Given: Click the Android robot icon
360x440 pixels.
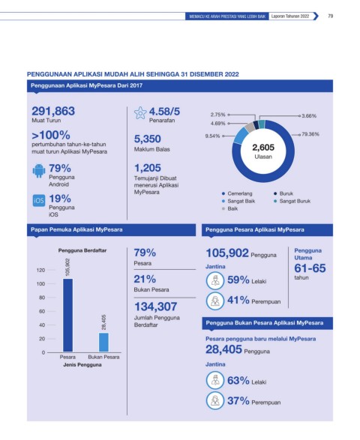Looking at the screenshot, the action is coord(39,171).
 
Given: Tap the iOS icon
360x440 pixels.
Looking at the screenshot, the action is coord(39,200).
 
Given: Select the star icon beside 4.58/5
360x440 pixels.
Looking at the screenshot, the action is coord(140,112).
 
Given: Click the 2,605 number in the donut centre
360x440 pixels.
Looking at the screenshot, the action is coord(263,148).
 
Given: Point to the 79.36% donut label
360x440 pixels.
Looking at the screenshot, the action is coord(310,134).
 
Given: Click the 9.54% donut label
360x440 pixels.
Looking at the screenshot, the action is coord(212,136).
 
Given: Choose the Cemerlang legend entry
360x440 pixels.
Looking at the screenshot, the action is coord(237,193).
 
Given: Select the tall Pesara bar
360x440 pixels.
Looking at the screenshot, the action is coord(68,315).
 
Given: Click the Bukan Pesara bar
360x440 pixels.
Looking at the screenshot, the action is coord(103,343).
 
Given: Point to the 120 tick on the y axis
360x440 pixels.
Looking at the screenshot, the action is coord(40,271).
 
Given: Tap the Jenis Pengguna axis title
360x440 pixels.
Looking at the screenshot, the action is coord(82,365).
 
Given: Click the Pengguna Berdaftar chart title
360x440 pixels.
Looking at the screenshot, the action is coord(82,250).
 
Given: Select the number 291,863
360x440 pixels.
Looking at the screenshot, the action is coord(53,111).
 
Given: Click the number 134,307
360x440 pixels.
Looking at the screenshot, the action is coord(155,307).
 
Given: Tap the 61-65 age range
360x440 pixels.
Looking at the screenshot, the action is coord(310,268).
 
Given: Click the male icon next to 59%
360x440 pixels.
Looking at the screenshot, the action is coord(215,280).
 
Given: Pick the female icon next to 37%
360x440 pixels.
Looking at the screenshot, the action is coord(215,401).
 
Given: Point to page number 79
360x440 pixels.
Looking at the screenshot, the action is coord(331,16).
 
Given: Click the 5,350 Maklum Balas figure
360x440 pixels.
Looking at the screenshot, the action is coord(148,139).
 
